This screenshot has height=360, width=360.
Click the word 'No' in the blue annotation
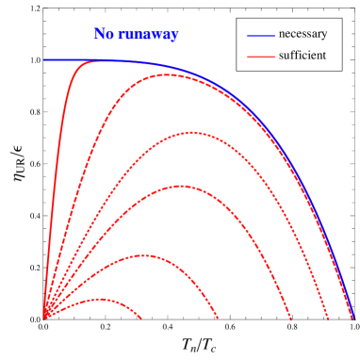pyautogui.click(x=104, y=35)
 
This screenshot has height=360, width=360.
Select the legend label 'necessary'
pyautogui.click(x=303, y=34)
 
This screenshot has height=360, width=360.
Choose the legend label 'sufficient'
pyautogui.click(x=303, y=56)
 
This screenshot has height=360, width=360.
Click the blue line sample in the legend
pyautogui.click(x=260, y=35)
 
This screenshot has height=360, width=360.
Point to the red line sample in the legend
pyautogui.click(x=260, y=57)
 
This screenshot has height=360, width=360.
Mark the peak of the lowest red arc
pyautogui.click(x=99, y=299)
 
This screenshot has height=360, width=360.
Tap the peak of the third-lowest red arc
pyautogui.click(x=179, y=186)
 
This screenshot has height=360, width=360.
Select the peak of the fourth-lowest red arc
pyautogui.click(x=190, y=132)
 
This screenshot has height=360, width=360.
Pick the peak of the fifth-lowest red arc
pyautogui.click(x=168, y=74)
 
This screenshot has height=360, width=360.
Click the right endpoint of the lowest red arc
pyautogui.click(x=142, y=319)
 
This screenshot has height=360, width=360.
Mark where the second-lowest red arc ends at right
pyautogui.click(x=218, y=319)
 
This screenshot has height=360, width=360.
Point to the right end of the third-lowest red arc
pyautogui.click(x=291, y=319)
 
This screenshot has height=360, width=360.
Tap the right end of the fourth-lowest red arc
pyautogui.click(x=328, y=319)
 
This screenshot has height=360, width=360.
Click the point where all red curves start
pyautogui.click(x=43, y=319)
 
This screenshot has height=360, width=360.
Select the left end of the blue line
pyautogui.click(x=43, y=59)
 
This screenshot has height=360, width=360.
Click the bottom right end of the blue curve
pyautogui.click(x=353, y=318)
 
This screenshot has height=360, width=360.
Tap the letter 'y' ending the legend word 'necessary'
pyautogui.click(x=324, y=35)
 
